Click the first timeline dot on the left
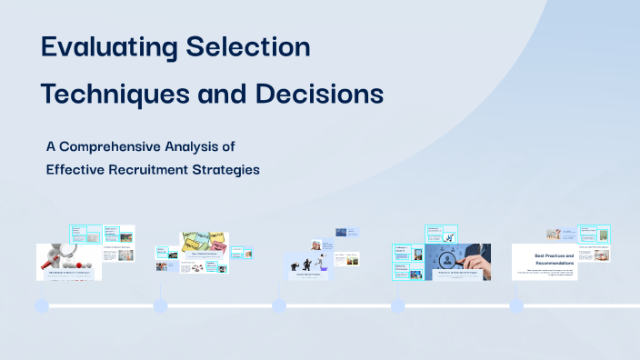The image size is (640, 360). point(42,306)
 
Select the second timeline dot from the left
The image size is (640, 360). point(160,306)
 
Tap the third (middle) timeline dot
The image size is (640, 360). point(279,306)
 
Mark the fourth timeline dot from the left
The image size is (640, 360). point(397,306)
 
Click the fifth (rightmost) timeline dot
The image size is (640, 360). point(516,306)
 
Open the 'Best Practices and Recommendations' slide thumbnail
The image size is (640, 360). point(545,262)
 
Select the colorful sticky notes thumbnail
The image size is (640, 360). point(203,243)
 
